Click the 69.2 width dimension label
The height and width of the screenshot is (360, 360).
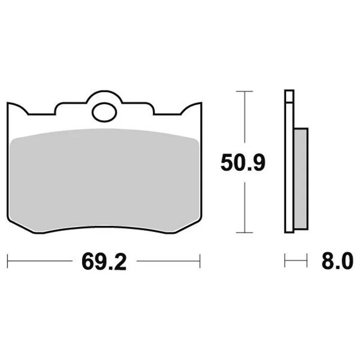(x=104, y=261)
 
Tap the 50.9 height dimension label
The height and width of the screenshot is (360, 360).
(x=243, y=162)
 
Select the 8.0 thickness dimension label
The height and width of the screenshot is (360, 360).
(x=337, y=261)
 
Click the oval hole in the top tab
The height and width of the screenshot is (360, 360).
(x=104, y=112)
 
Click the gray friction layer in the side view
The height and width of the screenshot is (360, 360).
(x=301, y=179)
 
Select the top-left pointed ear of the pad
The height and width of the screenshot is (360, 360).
(x=8, y=103)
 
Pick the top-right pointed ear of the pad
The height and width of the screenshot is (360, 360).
(x=201, y=103)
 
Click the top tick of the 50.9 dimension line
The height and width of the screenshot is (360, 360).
(x=244, y=91)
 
